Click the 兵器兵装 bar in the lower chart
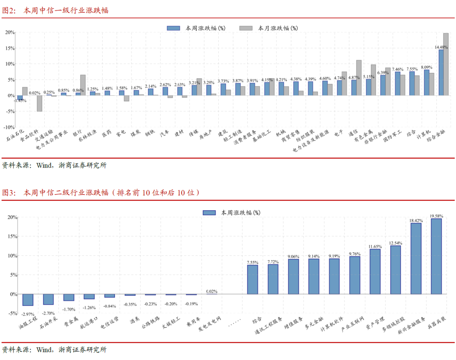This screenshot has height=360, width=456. tap(436, 256)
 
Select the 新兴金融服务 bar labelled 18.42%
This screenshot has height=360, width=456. tap(416, 258)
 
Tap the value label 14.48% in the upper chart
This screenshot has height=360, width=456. tap(441, 47)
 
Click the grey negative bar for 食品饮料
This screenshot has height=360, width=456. tap(39, 103)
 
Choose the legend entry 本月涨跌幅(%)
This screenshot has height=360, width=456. tap(269, 28)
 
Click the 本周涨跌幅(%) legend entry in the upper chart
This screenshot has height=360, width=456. tap(196, 28)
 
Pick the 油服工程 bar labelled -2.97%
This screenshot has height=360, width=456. tap(28, 300)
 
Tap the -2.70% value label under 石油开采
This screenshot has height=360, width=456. tap(49, 314)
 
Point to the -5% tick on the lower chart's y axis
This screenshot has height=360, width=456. tap(12, 314)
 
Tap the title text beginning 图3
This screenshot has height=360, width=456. tap(101, 193)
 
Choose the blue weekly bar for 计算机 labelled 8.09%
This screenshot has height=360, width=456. tap(426, 82)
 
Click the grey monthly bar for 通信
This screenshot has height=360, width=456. tap(358, 78)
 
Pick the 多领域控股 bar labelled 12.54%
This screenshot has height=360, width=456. tap(396, 270)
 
